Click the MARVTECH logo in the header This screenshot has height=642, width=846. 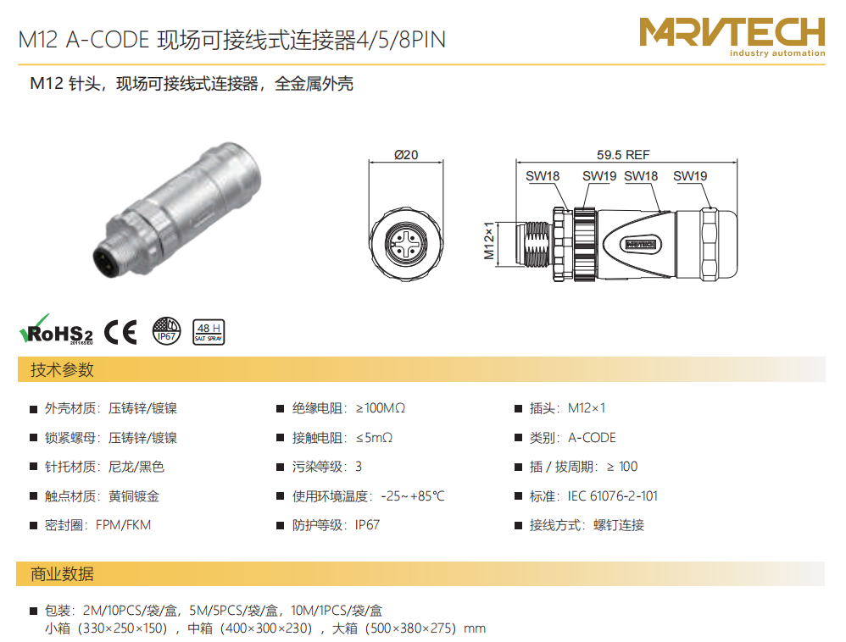tap(732, 36)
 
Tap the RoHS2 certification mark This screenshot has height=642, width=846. tap(56, 330)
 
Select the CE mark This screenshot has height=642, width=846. tap(120, 331)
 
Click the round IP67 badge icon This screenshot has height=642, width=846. tap(167, 331)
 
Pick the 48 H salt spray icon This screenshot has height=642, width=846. tap(209, 332)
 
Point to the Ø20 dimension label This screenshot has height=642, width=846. tap(406, 155)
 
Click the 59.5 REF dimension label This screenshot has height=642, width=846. tap(623, 155)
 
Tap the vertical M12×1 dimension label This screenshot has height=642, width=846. tap(489, 241)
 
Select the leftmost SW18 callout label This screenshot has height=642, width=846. tap(543, 176)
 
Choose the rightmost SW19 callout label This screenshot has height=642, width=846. tap(690, 176)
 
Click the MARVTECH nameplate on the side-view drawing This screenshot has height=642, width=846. tap(640, 244)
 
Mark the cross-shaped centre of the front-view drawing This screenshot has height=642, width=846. tap(406, 243)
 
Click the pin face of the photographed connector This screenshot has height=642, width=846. tap(108, 261)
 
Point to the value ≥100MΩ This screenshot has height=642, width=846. tap(381, 408)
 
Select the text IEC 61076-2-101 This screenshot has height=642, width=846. tap(612, 496)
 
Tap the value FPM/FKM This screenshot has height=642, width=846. tap(123, 525)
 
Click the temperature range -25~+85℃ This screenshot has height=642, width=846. tap(413, 496)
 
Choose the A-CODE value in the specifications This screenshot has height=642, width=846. tap(592, 438)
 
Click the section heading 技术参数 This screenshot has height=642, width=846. tap(62, 370)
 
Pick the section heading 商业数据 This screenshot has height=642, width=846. tap(62, 574)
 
